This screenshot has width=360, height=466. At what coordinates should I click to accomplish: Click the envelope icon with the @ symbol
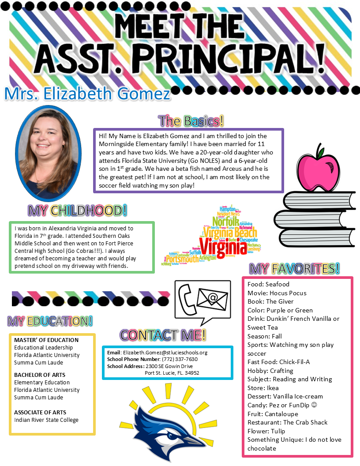212,299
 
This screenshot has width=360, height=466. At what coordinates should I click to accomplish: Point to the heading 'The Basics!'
191,121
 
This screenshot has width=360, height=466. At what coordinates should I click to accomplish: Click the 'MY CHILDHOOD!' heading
78,210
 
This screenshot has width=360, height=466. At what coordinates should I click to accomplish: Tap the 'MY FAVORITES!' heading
295,268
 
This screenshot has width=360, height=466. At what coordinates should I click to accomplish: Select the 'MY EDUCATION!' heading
50,321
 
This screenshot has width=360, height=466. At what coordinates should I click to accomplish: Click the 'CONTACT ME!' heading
163,335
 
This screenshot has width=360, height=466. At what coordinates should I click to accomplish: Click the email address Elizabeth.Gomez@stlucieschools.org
165,353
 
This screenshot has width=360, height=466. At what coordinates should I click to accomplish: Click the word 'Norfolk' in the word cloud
225,221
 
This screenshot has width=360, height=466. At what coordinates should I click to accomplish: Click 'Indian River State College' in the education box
46,420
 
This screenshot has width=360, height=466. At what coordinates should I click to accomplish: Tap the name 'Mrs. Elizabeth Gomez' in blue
87,94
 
